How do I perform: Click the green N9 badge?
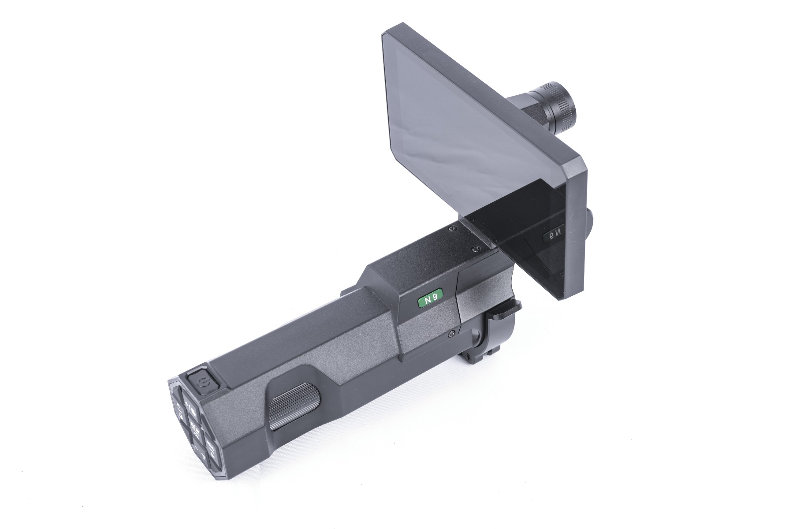point(430,299)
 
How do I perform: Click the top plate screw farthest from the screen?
point(452,229)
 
